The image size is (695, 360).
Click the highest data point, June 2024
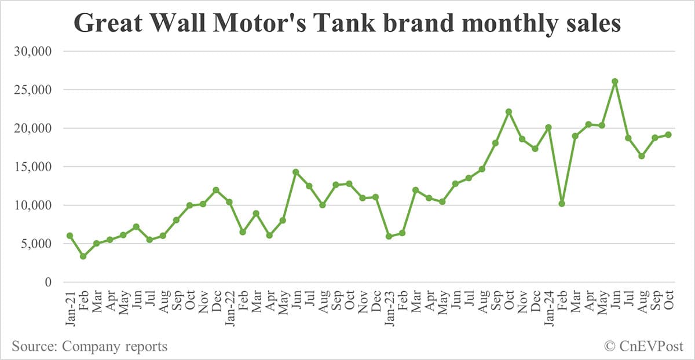coord(614,82)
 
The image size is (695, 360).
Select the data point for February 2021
coord(83,256)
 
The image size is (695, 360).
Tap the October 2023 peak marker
coord(509,112)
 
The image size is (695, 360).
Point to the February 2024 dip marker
coord(562,204)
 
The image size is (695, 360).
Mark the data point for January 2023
coord(389,236)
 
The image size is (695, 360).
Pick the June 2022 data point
coord(295,172)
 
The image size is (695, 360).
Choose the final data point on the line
coord(668,135)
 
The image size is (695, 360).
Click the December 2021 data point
coord(215,190)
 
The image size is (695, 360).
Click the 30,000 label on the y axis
coord(32,52)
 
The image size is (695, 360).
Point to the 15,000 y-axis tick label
coord(32,167)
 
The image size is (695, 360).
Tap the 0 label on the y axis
coord(49,282)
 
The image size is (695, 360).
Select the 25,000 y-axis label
coord(32,90)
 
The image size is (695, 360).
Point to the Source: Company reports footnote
coord(89,347)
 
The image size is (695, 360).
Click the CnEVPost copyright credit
coord(643,347)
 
